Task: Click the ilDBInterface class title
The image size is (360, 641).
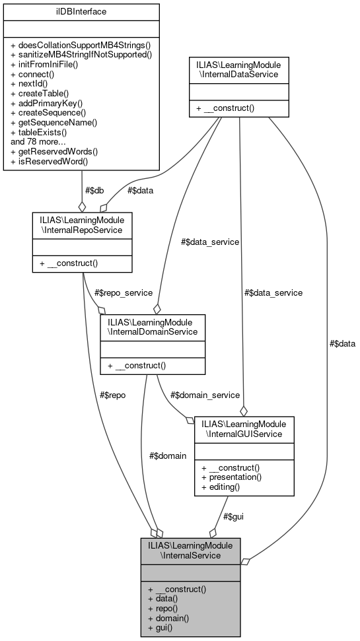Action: pyautogui.click(x=81, y=11)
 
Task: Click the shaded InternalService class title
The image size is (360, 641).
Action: pyautogui.click(x=190, y=550)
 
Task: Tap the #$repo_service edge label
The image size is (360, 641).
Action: pyautogui.click(x=123, y=292)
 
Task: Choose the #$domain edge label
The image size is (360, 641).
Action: pyautogui.click(x=168, y=455)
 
